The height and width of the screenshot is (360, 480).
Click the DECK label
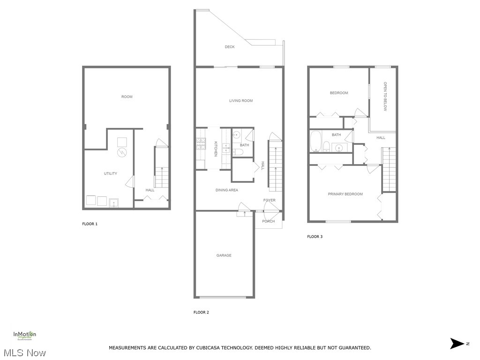[x=230, y=47]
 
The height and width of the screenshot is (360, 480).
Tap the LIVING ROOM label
[x=241, y=101]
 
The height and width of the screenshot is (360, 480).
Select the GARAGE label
[x=224, y=255]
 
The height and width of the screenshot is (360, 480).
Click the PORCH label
[x=269, y=221]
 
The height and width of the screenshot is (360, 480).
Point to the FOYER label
[x=270, y=200]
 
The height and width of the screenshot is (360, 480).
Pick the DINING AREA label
[x=227, y=190]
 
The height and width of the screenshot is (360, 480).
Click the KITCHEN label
[x=216, y=149]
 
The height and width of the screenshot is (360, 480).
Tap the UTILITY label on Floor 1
[x=111, y=174]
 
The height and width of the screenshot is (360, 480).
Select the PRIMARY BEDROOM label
[x=345, y=194]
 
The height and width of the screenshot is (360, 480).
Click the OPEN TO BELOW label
[x=385, y=97]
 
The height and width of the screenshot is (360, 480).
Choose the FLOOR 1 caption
[x=90, y=224]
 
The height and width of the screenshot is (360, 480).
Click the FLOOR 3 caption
[x=315, y=237]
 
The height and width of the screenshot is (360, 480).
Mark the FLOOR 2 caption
[x=202, y=312]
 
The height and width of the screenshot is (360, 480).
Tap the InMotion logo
[x=24, y=335]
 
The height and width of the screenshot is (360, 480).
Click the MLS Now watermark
[x=23, y=352]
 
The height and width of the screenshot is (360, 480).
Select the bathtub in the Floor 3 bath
[x=315, y=142]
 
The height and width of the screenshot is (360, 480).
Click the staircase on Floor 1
[x=161, y=177]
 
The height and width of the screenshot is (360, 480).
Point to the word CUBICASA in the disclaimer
[x=204, y=348]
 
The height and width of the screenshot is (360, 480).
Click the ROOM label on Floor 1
[x=127, y=97]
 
